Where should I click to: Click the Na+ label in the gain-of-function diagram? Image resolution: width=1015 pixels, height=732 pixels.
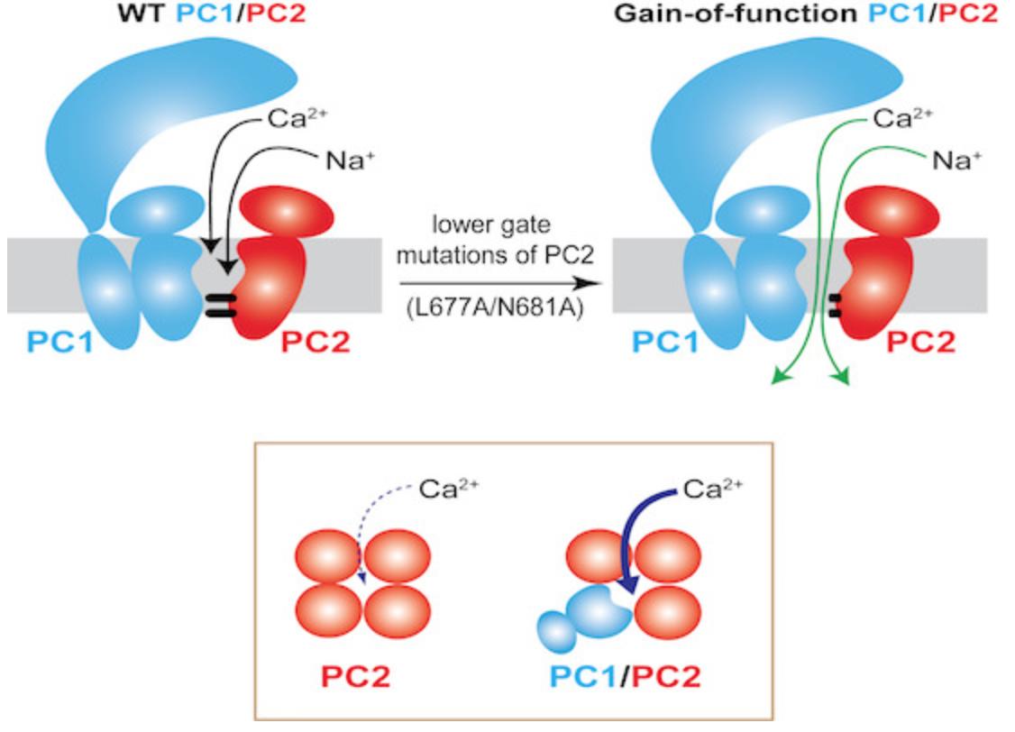click(x=956, y=160)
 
